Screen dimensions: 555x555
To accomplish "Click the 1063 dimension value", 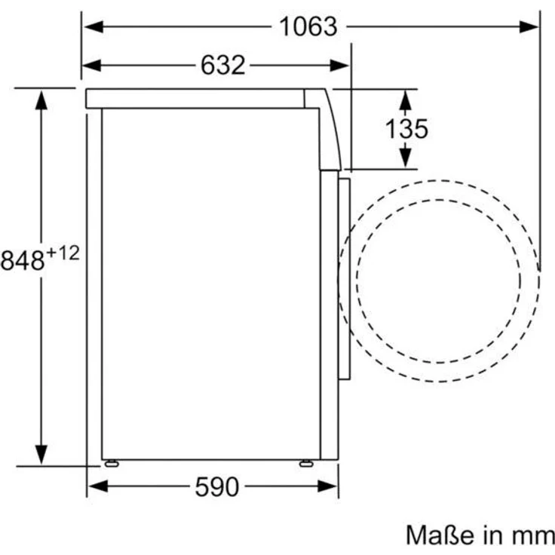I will (308, 26).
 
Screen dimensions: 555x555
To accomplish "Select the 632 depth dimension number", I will (223, 66).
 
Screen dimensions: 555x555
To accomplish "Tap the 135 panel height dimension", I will (406, 129).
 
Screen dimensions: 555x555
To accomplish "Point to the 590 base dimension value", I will (216, 487).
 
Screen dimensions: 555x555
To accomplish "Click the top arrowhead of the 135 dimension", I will (406, 99).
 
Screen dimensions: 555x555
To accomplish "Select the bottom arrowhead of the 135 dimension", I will (406, 158).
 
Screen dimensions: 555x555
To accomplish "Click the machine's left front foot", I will (112, 463).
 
